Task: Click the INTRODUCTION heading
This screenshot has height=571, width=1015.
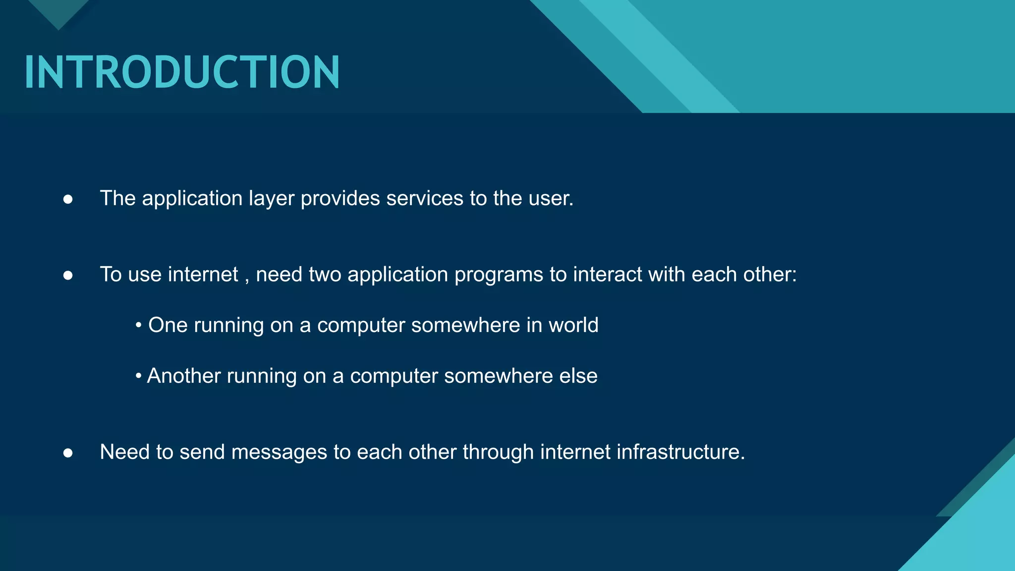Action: (182, 72)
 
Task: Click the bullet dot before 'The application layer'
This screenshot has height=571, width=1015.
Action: (68, 199)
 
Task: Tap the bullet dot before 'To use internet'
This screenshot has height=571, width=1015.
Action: (68, 276)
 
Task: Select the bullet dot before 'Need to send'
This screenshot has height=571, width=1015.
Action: (68, 453)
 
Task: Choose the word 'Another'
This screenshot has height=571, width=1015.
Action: (184, 376)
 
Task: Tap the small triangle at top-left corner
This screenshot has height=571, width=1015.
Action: (58, 12)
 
